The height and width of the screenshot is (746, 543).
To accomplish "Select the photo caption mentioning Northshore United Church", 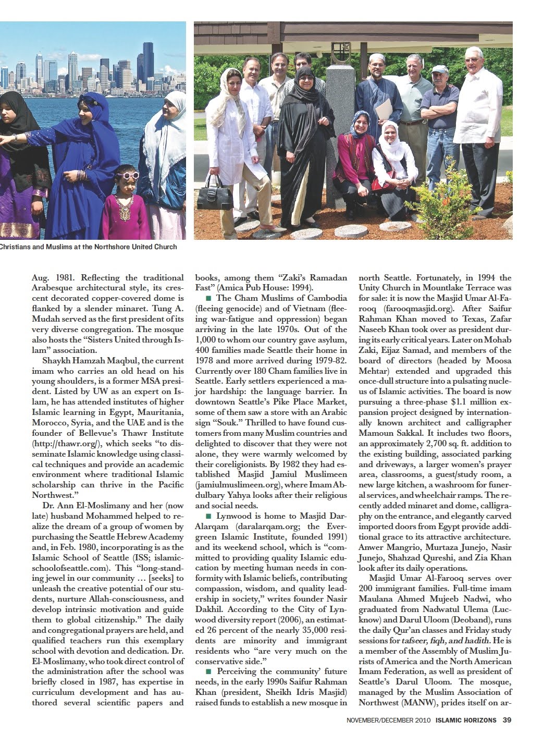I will click(89, 247).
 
